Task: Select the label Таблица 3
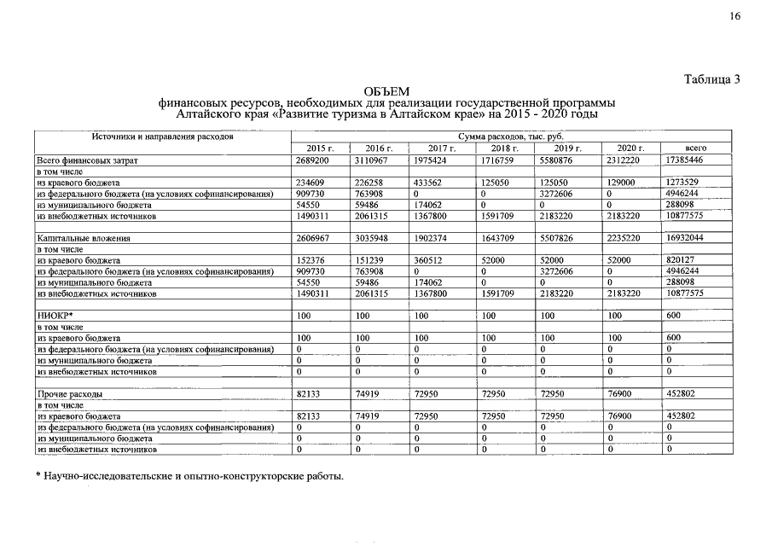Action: (711, 79)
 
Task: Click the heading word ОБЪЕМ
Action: (386, 91)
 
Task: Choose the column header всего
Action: (696, 148)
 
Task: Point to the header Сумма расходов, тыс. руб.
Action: (510, 136)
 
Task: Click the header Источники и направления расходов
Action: (162, 136)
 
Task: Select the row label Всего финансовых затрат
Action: (87, 160)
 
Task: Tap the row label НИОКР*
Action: (52, 316)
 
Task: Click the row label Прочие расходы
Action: (70, 394)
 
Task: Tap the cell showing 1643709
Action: (501, 238)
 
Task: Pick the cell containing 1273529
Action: (685, 183)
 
